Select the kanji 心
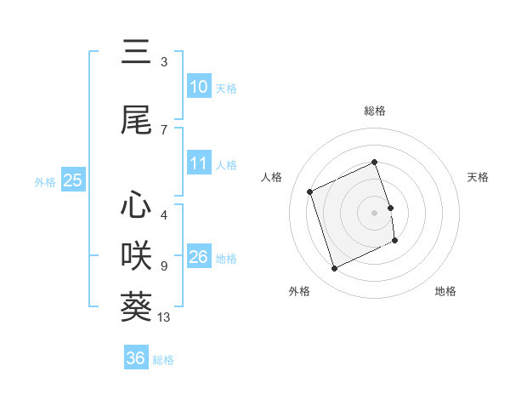click(136, 204)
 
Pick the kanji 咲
click(136, 255)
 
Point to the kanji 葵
click(136, 306)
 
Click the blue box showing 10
click(198, 87)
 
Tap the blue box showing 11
click(198, 163)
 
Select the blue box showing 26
click(198, 257)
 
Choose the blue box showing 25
click(72, 180)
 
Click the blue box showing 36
click(135, 358)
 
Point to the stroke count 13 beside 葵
click(165, 318)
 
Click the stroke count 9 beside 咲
click(164, 266)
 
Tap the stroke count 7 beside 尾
click(164, 129)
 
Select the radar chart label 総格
click(375, 111)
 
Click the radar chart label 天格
click(479, 177)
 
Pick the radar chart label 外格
click(299, 291)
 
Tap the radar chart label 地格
click(445, 291)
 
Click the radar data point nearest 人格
click(310, 191)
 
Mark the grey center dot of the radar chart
click(375, 212)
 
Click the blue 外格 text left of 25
click(45, 181)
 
